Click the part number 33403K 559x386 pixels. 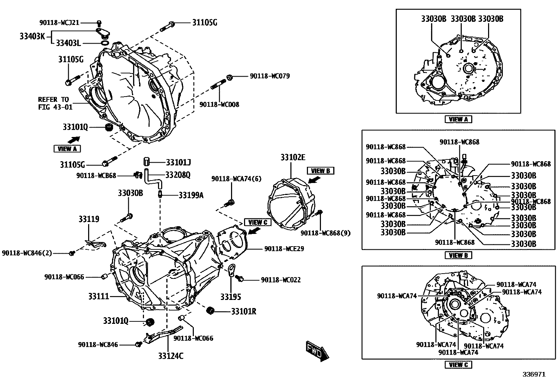click(x=32, y=36)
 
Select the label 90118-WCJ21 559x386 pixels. click(x=59, y=22)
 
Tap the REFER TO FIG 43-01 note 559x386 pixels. click(x=55, y=103)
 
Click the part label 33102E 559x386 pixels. click(x=292, y=157)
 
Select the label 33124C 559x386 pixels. click(x=171, y=356)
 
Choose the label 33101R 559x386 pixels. click(x=243, y=311)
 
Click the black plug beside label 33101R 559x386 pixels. click(x=210, y=310)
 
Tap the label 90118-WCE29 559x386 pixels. click(x=284, y=249)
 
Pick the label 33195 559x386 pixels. click(x=231, y=297)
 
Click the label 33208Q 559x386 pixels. click(x=178, y=175)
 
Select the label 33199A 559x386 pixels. click(x=191, y=195)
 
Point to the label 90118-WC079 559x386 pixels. click(x=270, y=76)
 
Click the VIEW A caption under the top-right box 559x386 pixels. click(x=458, y=119)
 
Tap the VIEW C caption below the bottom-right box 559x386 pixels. click(x=458, y=365)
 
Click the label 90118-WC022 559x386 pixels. click(x=281, y=280)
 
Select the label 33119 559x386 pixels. click(x=88, y=219)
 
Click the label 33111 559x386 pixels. click(x=99, y=296)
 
